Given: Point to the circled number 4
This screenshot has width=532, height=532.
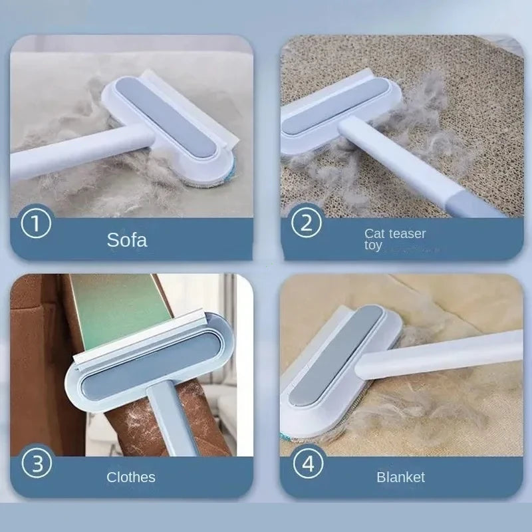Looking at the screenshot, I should tap(307, 463).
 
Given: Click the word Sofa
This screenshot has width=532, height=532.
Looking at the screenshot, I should tap(127, 239).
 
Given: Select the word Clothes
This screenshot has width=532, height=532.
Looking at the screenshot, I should tap(131, 477).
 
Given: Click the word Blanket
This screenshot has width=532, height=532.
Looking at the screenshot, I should tap(400, 477).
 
